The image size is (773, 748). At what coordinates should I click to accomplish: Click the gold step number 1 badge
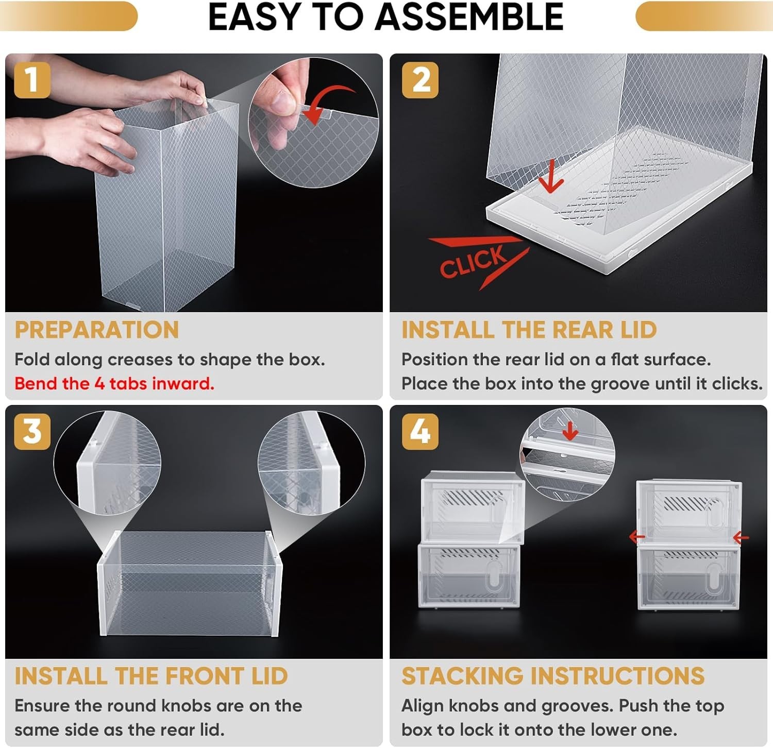tap(32, 80)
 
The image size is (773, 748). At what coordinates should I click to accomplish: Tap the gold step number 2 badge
tap(420, 80)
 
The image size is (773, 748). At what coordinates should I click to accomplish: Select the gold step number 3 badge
tap(32, 431)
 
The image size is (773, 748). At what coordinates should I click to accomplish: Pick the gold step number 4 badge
tap(420, 431)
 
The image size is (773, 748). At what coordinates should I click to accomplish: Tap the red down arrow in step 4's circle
tap(569, 431)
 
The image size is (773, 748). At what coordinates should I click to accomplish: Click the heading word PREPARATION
tap(97, 330)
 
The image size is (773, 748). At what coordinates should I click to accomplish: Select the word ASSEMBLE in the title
tap(469, 16)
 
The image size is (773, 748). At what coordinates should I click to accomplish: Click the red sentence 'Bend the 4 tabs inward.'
tap(114, 383)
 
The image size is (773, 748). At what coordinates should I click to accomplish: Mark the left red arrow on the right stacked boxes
tap(637, 537)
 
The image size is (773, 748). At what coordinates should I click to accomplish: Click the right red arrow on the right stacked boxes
tap(741, 538)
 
